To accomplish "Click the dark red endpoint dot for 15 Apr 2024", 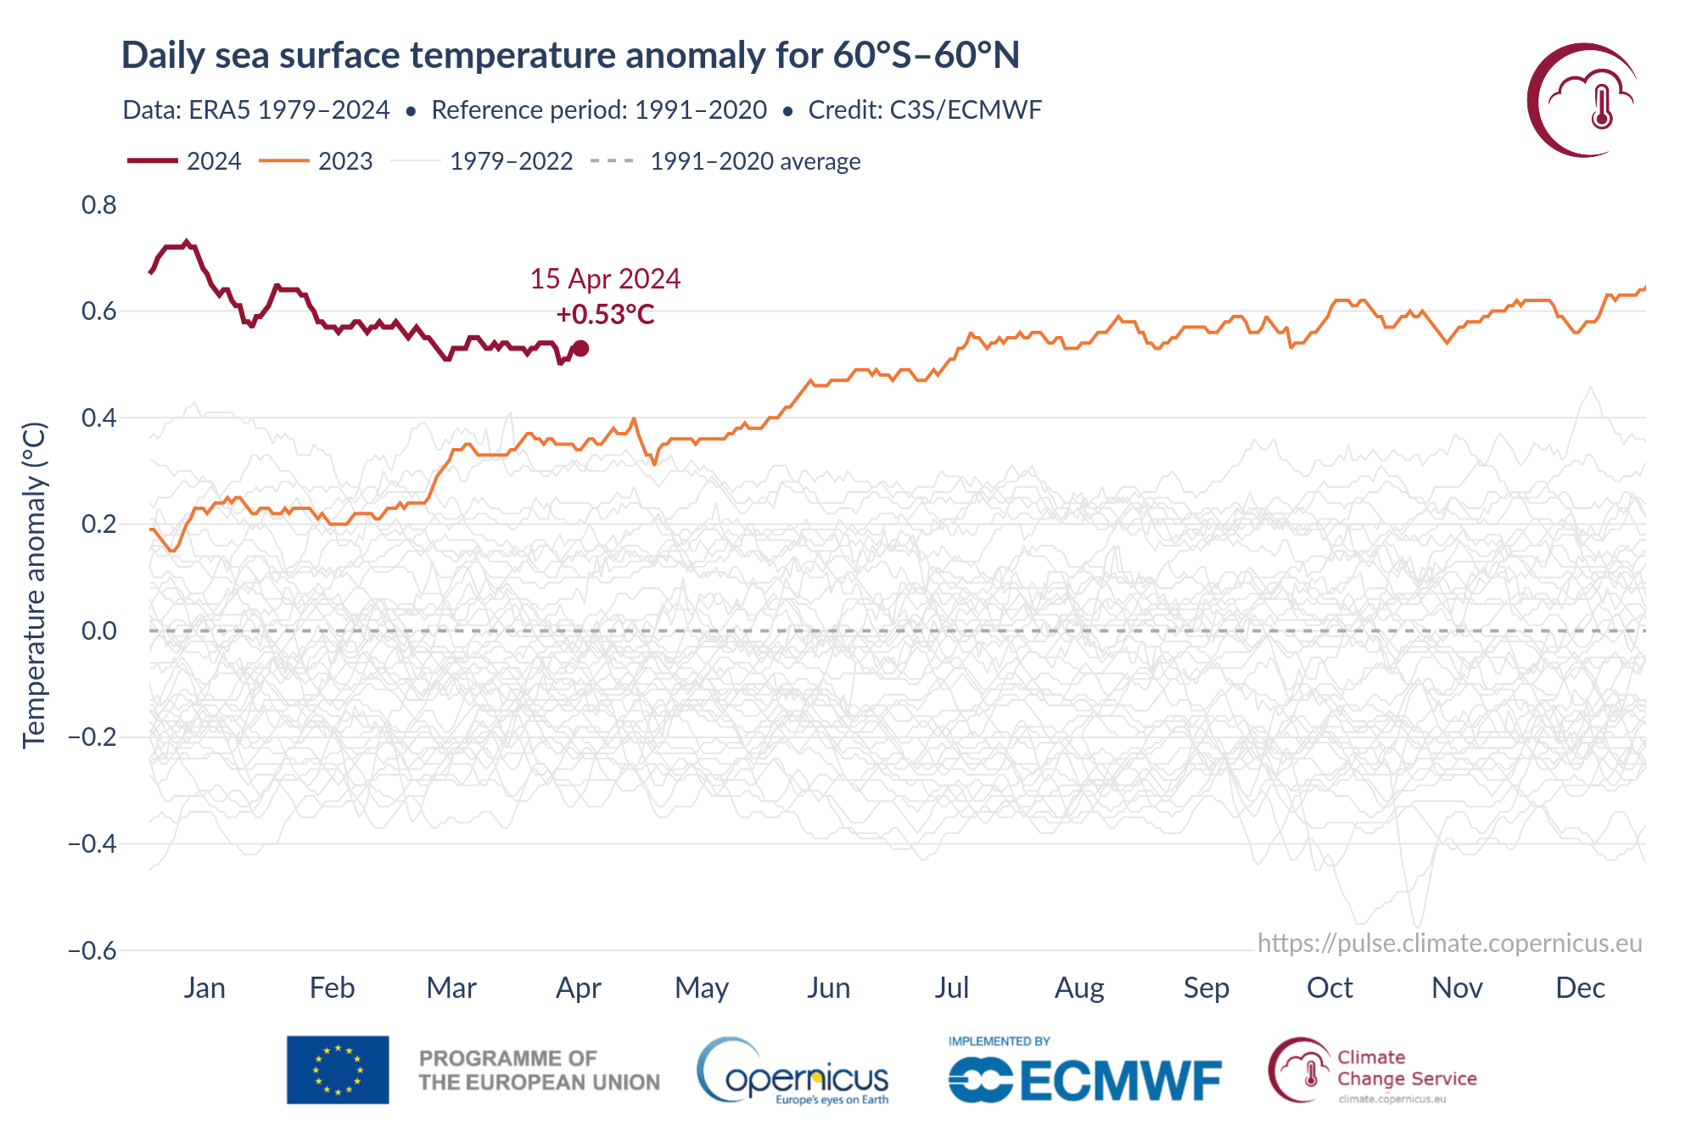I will [x=580, y=348].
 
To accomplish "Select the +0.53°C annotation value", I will [x=605, y=315].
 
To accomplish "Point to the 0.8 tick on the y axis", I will [x=99, y=205].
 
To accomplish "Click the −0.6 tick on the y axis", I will [x=92, y=950].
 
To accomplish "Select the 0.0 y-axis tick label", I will [x=99, y=631].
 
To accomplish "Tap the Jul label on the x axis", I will [x=951, y=988].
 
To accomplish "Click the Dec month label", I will [x=1580, y=988].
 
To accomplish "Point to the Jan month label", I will [x=204, y=988].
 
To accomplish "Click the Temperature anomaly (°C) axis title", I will [x=34, y=585].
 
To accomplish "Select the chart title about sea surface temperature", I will [x=570, y=55].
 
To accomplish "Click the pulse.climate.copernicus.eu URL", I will [x=1449, y=944].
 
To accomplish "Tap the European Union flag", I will [x=338, y=1069].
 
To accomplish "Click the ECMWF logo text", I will [x=1120, y=1080].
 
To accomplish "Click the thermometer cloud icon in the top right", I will [x=1583, y=100].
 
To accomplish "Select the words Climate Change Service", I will [x=1406, y=1068].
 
